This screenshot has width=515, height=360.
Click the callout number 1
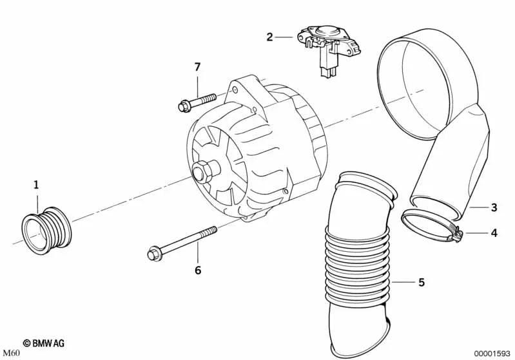36,185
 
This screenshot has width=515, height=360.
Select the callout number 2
269,37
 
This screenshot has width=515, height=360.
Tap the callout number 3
493,207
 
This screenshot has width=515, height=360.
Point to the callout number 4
493,232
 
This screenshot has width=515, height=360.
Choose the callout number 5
420,281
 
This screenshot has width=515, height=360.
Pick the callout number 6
197,269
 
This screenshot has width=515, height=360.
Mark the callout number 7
198,66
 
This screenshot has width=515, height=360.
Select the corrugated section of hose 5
358,264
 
